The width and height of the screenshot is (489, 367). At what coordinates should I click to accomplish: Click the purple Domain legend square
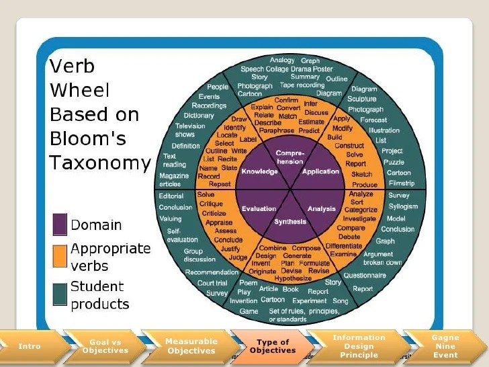coord(59,225)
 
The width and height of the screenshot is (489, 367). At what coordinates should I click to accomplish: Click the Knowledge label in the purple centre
coord(260,171)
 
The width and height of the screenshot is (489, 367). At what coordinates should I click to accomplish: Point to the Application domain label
coord(321,171)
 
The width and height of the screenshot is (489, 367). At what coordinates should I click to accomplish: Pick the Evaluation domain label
coord(259,209)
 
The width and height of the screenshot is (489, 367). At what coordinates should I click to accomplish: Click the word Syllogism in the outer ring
coord(403,206)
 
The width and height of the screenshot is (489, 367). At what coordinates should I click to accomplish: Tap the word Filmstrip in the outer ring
coord(402,184)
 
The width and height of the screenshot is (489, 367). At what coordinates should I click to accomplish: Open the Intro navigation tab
coord(30,346)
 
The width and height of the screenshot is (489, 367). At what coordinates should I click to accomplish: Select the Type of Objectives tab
coord(273,346)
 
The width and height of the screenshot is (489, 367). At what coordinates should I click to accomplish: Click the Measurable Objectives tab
coord(191,346)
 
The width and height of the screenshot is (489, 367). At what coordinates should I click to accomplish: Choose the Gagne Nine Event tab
coord(445,346)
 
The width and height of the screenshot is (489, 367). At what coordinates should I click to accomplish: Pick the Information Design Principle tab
coord(359,346)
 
